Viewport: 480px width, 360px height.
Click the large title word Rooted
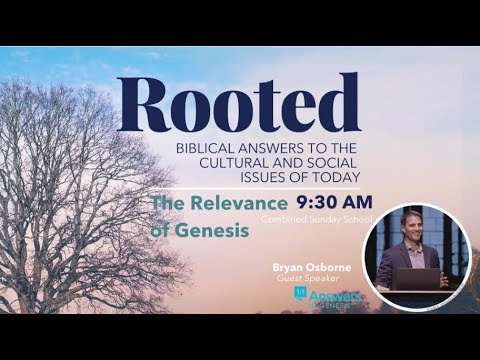tap(238, 103)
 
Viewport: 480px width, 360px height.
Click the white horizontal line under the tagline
tap(260, 188)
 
